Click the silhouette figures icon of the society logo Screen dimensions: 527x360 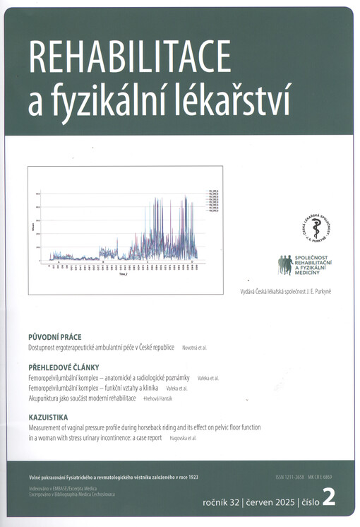coord(285,264)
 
